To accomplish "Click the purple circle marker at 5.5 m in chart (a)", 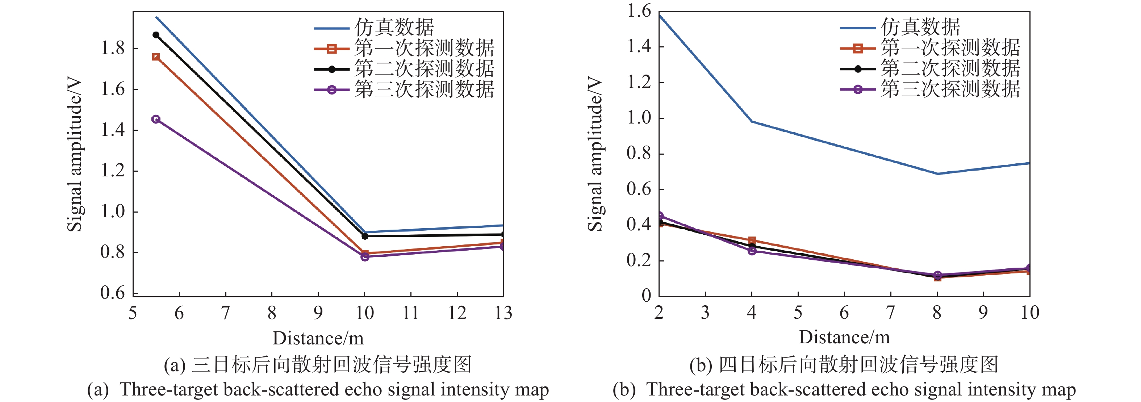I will tap(155, 119).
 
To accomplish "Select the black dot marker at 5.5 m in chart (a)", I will tap(156, 34).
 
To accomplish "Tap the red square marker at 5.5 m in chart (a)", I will tap(156, 56).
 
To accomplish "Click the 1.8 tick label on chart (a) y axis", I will tap(113, 48).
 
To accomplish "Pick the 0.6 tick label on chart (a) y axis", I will tap(113, 293).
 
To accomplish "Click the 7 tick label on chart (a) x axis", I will tap(225, 313).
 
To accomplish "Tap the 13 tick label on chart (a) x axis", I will tap(503, 313).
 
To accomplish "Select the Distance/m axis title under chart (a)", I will tap(318, 338).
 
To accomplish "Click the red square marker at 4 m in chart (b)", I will tap(752, 240).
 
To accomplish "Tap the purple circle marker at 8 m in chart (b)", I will tap(937, 275).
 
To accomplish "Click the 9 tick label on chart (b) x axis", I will tap(983, 313).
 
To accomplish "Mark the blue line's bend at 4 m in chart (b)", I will tap(752, 121).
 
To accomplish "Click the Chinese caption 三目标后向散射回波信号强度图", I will tap(331, 365).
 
